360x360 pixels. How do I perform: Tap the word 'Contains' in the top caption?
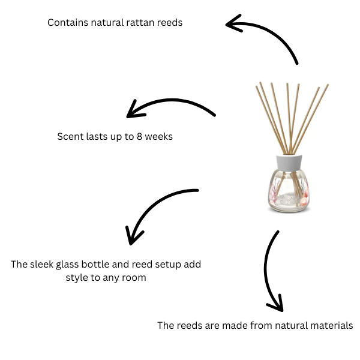point(66,23)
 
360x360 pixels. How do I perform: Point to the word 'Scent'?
point(70,136)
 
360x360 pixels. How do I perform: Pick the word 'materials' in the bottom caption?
point(332,326)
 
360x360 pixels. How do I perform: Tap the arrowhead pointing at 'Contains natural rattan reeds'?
point(234,24)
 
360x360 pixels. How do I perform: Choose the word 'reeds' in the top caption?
point(170,23)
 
